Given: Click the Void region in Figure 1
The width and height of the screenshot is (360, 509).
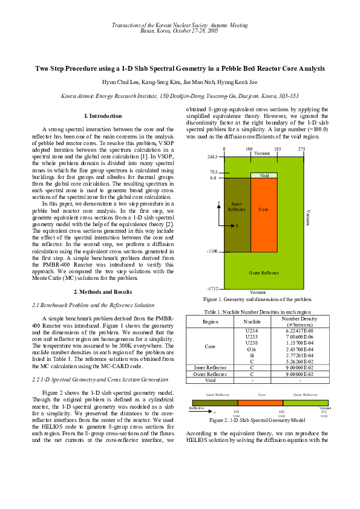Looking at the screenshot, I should [x=264, y=175].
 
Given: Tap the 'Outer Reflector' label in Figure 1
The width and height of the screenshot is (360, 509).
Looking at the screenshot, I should [x=264, y=273].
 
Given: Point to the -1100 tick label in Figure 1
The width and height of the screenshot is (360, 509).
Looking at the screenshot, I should [x=211, y=251].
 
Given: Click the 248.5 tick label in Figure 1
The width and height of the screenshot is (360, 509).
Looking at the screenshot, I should [x=212, y=157].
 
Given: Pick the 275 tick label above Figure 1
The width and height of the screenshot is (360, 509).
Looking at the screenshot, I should [x=301, y=149].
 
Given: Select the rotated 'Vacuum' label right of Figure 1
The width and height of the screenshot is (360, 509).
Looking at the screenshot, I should [x=308, y=218].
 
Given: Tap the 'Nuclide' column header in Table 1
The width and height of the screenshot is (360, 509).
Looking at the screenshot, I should [x=251, y=322].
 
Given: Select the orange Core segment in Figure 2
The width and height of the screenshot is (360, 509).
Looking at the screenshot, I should [x=260, y=403].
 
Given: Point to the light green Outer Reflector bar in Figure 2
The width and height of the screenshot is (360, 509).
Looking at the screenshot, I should [x=306, y=403].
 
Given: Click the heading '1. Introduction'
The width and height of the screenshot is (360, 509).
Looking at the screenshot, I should [x=102, y=115].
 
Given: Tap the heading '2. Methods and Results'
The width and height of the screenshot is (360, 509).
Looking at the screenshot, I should [x=102, y=292].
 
